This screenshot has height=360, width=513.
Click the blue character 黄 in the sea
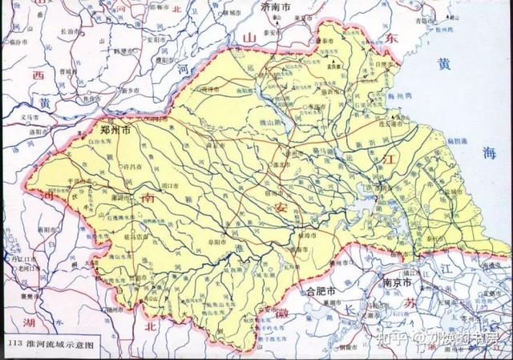point(442,64)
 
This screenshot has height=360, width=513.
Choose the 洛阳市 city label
point(43,130)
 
